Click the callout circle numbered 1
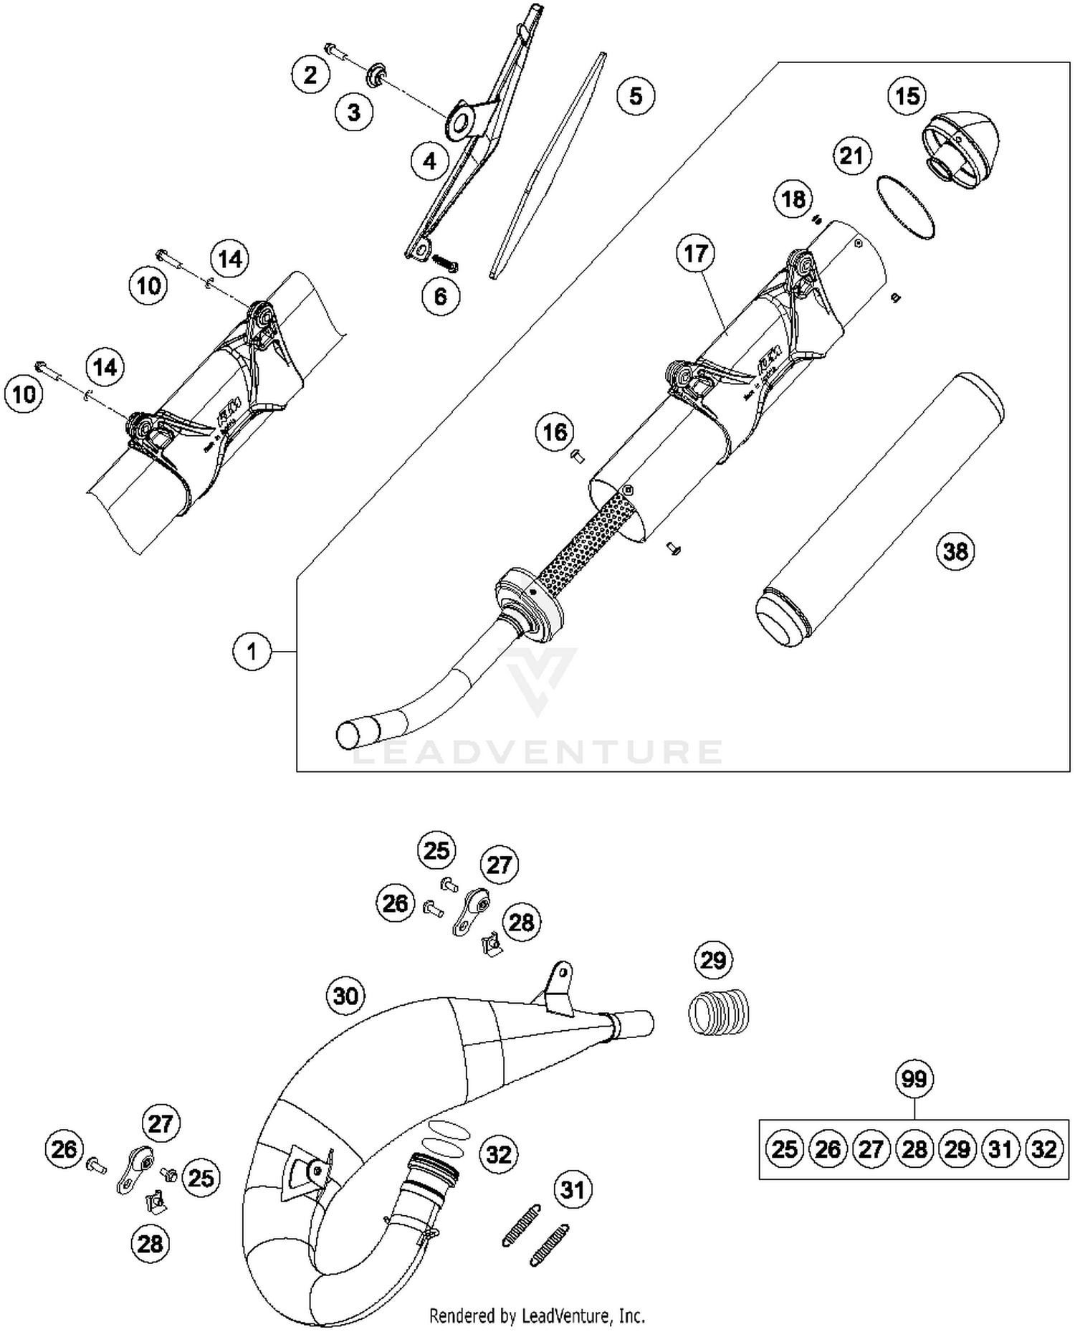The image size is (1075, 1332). pos(252,652)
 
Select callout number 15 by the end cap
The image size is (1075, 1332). pos(907,95)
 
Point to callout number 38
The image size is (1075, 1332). pos(955,551)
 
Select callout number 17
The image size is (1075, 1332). pos(695,253)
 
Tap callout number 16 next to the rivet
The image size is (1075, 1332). pos(555,432)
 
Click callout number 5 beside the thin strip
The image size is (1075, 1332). pos(636,95)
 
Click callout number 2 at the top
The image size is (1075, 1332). pos(310,75)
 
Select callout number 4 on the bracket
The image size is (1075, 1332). pos(429,161)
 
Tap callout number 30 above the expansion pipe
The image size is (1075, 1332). pos(345,995)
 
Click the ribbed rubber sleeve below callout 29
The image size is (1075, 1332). pos(718,1012)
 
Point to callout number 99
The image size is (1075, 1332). pos(914,1078)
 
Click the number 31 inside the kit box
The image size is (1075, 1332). pos(1000,1150)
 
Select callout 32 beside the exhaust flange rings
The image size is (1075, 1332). pos(499,1154)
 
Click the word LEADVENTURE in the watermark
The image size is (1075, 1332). pos(538,752)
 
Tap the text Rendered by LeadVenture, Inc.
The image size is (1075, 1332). pos(537,1316)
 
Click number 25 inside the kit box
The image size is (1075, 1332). pos(784,1150)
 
